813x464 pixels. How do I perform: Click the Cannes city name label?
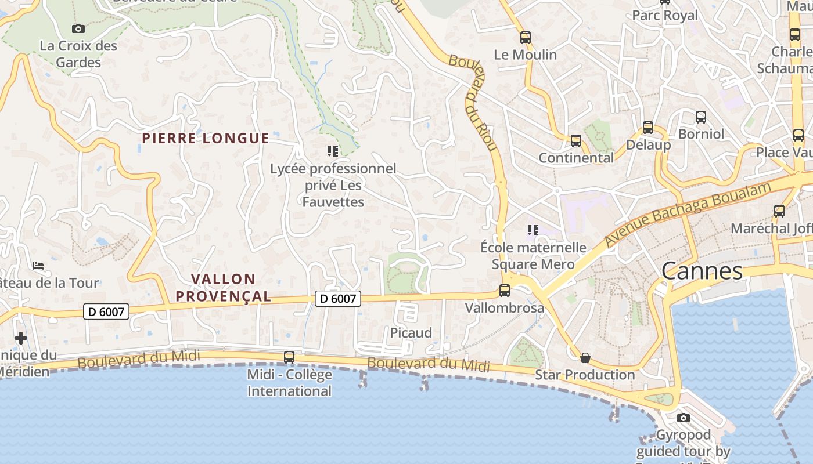coord(702,270)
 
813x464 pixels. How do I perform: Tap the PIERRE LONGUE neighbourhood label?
coord(206,138)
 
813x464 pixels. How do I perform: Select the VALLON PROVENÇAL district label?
coord(223,288)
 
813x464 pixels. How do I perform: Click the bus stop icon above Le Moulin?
coord(526,38)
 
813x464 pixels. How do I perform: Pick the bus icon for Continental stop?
coord(575,141)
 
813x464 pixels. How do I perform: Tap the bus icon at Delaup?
coord(647,128)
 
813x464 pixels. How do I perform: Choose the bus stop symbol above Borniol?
coord(701,117)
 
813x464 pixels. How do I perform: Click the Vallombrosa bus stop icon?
coord(505,291)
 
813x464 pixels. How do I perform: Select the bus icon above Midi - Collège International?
coord(289,357)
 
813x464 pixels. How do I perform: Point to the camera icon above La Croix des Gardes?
coord(78,28)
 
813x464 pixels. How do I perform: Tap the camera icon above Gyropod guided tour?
coord(684,418)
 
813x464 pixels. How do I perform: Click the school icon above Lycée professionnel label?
coord(333,151)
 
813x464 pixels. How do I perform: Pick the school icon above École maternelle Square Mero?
coord(533,230)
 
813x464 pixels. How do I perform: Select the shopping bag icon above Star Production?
coord(585,358)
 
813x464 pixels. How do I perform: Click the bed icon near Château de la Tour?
coord(38,266)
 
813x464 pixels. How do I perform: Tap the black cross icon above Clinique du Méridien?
coord(21,338)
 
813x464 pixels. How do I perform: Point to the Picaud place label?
coord(411,333)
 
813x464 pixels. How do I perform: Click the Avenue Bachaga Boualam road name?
coord(688,215)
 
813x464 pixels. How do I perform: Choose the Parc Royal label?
coord(665,16)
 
